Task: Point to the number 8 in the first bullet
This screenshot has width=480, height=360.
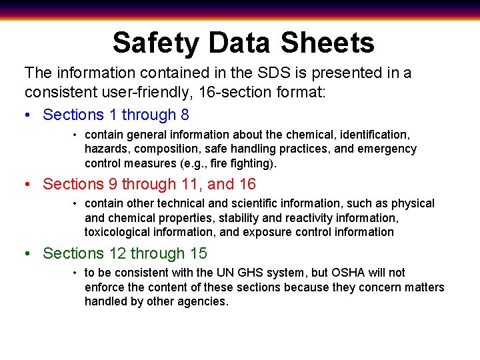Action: coord(185,115)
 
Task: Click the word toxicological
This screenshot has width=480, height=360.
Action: coord(119,232)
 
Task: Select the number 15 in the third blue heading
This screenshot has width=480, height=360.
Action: coord(198,253)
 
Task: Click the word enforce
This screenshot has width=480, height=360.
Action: coord(105,287)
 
